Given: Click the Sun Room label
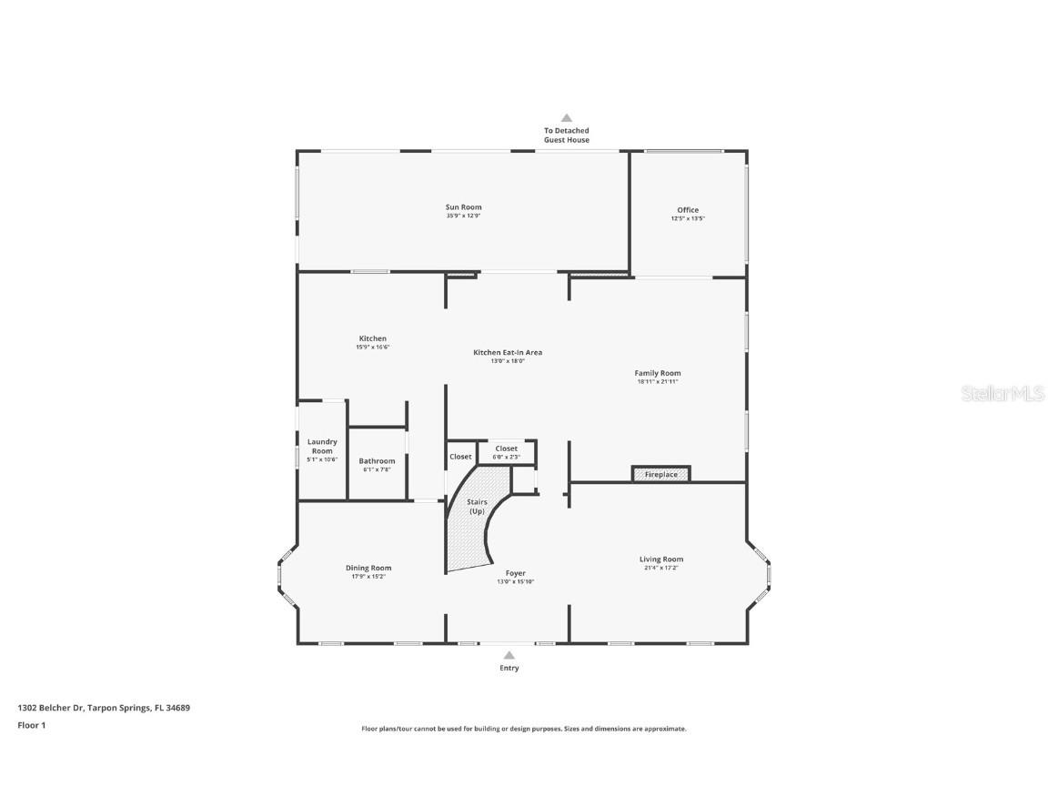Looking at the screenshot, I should coord(463,207).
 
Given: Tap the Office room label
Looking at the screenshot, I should coord(688,210).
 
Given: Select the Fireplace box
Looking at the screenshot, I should coord(661,475).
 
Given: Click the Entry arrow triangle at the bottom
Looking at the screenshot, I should coord(509,655).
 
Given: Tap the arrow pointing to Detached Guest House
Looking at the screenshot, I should coord(566,117).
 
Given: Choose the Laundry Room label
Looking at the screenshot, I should coord(322,447).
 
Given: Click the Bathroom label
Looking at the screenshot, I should coord(377,461).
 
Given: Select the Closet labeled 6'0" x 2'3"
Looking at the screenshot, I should coord(507,451).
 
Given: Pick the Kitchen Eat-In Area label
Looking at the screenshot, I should coord(508,352).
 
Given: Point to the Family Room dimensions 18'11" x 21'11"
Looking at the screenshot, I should coord(658,382).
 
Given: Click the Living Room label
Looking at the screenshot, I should coord(660,559).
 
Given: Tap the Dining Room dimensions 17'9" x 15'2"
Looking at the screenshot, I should coord(368,577).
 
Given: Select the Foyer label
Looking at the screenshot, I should coord(516,573).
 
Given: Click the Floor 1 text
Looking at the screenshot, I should coord(31,725).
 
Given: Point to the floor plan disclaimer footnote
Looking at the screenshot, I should coord(524,729).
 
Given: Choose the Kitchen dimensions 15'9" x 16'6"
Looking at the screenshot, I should coord(372,348).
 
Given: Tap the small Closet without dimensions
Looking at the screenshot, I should coord(460,457).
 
